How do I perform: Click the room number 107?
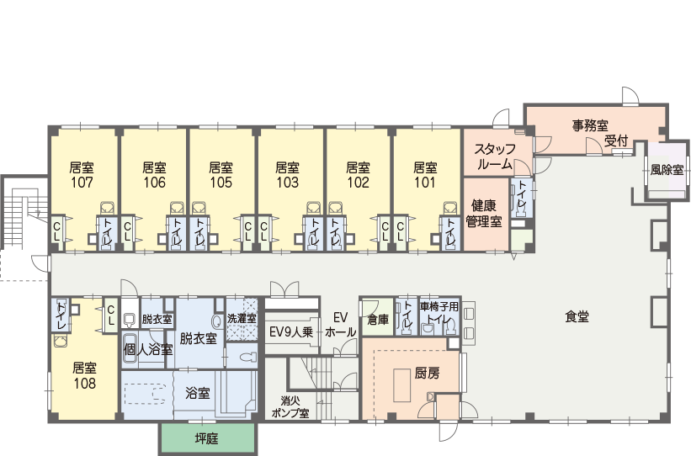82,183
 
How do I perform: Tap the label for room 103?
287,175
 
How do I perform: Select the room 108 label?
85,376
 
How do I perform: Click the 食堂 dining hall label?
577,317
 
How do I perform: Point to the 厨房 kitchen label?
427,374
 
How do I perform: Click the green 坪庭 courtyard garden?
207,439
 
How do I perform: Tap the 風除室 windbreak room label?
667,170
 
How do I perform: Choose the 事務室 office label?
591,125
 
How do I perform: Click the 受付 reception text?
615,141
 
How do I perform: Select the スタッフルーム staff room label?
495,156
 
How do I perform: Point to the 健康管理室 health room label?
484,213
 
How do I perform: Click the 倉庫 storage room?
378,319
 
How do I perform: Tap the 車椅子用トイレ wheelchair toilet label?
439,313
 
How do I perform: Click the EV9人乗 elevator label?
291,332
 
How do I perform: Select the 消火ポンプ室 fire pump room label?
290,407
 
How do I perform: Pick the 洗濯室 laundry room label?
242,319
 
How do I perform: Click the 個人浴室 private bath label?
148,350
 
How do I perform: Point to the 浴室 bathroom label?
198,393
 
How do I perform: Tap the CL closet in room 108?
110,315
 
